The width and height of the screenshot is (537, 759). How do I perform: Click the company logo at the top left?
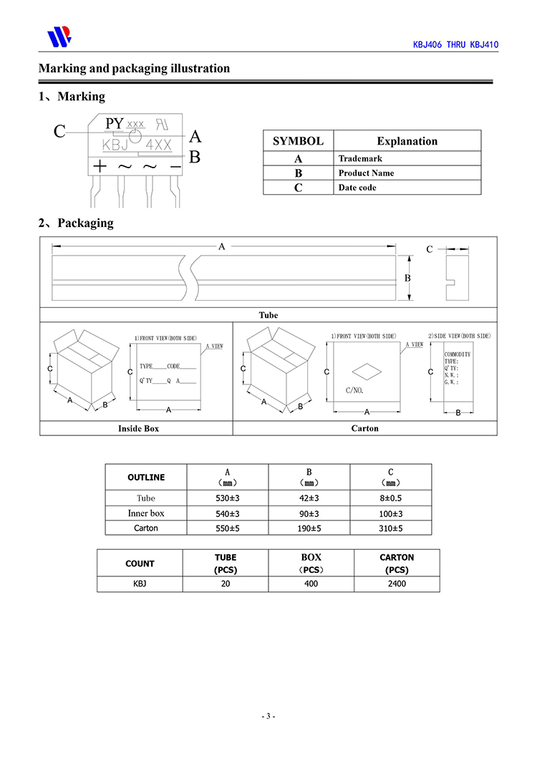(59, 37)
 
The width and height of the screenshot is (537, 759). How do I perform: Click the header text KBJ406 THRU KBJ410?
(455, 44)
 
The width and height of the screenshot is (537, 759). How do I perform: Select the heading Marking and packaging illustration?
(134, 68)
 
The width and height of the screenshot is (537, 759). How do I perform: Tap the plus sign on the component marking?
(100, 167)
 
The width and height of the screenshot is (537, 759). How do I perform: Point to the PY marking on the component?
(115, 123)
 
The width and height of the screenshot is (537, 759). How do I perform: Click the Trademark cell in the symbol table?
(360, 158)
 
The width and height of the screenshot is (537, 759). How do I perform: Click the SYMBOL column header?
(299, 141)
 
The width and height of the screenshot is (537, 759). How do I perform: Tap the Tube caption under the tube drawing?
(268, 315)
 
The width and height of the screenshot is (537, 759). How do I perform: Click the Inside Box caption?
(138, 428)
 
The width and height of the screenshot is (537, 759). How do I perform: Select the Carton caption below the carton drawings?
(365, 428)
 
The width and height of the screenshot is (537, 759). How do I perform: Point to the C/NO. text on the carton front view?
(354, 390)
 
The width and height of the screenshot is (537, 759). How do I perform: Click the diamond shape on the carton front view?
(367, 372)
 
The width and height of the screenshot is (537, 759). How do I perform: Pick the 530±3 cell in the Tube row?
(228, 498)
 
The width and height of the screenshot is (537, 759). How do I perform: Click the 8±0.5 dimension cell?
(391, 498)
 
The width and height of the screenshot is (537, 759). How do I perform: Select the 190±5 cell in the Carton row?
(309, 528)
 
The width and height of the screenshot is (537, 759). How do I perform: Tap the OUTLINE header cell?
(146, 478)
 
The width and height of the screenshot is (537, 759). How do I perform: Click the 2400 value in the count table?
(397, 584)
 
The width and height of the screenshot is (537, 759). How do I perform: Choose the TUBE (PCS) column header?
(226, 564)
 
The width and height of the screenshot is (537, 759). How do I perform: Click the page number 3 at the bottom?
(268, 716)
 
